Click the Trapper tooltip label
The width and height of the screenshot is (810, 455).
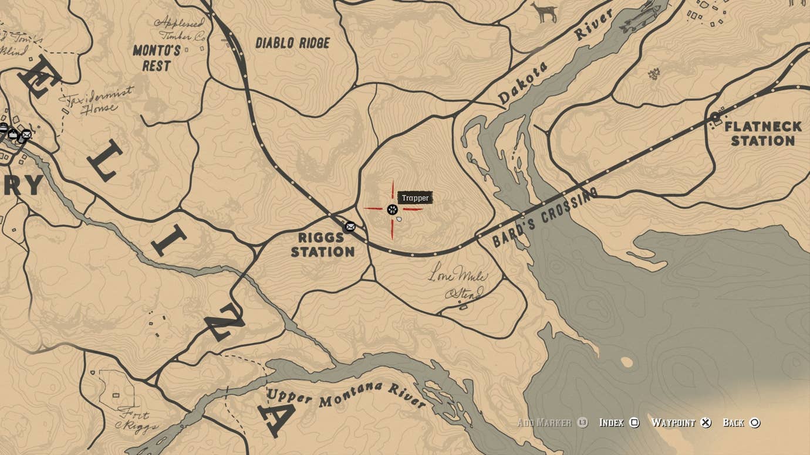[x=415, y=198]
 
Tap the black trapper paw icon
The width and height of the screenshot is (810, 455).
[x=392, y=209]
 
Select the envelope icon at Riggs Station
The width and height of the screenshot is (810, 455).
[x=350, y=227]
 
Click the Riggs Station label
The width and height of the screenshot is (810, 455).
[x=323, y=245]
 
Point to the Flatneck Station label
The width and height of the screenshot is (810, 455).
[x=762, y=134]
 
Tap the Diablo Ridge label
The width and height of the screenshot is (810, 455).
[x=293, y=43]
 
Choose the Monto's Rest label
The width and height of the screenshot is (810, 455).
[x=156, y=58]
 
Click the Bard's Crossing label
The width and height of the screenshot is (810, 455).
[x=545, y=218]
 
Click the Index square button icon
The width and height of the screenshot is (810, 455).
[x=635, y=423]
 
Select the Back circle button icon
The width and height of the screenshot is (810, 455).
[x=755, y=423]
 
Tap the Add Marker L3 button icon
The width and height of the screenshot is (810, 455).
[x=582, y=423]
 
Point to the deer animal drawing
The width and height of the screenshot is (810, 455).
[x=544, y=12]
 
